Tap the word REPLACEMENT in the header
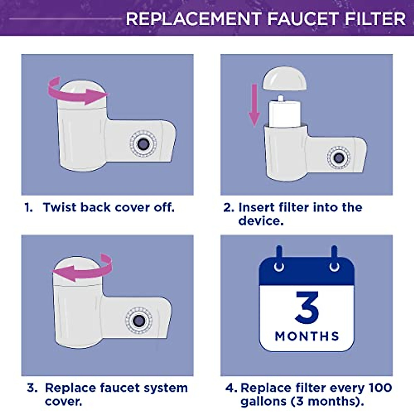point(194,19)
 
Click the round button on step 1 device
point(142,144)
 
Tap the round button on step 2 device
point(338,158)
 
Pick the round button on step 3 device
point(138,321)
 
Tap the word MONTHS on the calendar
point(307,336)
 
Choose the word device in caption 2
point(261,221)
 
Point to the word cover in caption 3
point(63,401)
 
